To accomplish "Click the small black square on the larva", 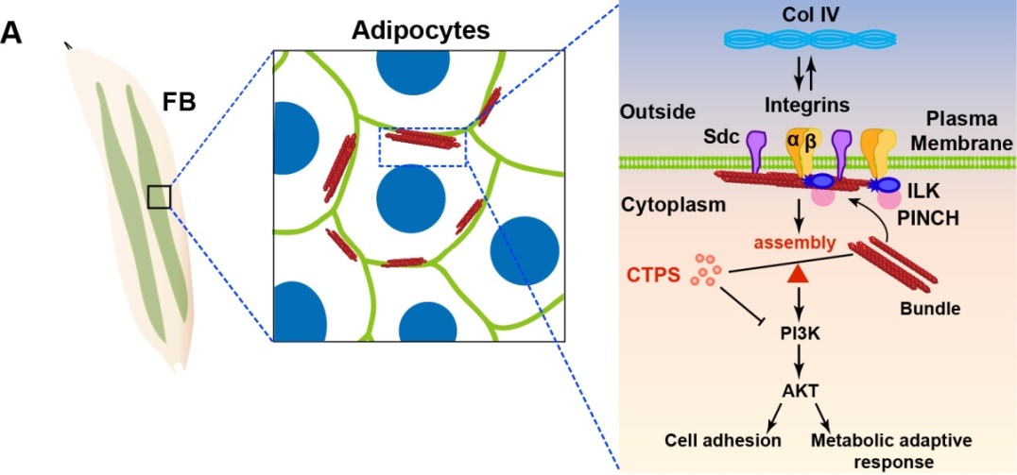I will pos(159,196).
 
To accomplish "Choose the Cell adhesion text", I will pos(723,440).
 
